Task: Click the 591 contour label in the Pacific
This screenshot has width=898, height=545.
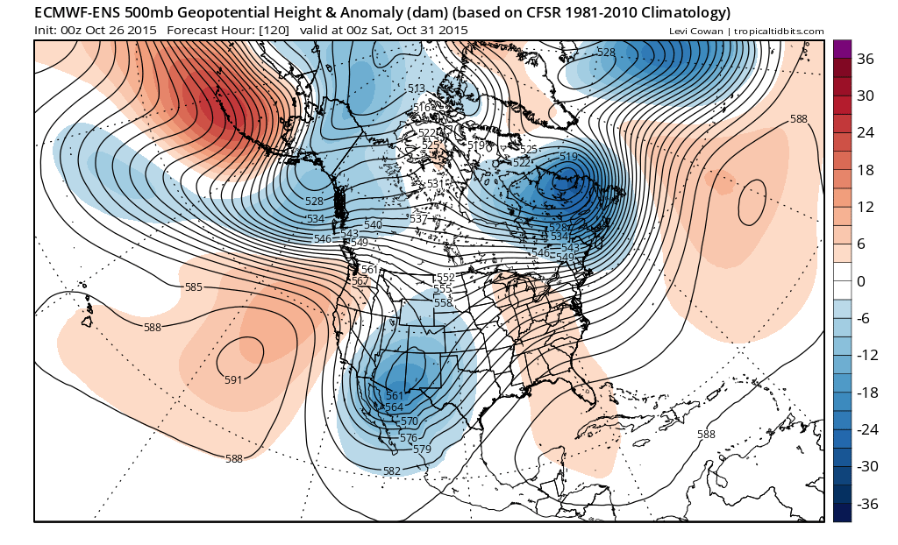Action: pyautogui.click(x=233, y=379)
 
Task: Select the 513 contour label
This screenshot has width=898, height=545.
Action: pyautogui.click(x=416, y=88)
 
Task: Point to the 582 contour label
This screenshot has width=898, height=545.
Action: pyautogui.click(x=392, y=471)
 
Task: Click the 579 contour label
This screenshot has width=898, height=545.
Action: pyautogui.click(x=423, y=449)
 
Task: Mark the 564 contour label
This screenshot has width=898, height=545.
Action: pyautogui.click(x=394, y=407)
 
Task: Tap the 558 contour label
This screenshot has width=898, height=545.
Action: pyautogui.click(x=443, y=302)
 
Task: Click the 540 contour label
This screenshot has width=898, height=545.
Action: pyautogui.click(x=373, y=225)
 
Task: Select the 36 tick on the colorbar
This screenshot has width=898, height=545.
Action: pyautogui.click(x=866, y=59)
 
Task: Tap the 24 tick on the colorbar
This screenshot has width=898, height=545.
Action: pyautogui.click(x=866, y=133)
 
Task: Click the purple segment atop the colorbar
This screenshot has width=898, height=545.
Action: pyautogui.click(x=842, y=49)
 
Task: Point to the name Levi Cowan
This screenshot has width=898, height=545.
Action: pyautogui.click(x=698, y=32)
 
